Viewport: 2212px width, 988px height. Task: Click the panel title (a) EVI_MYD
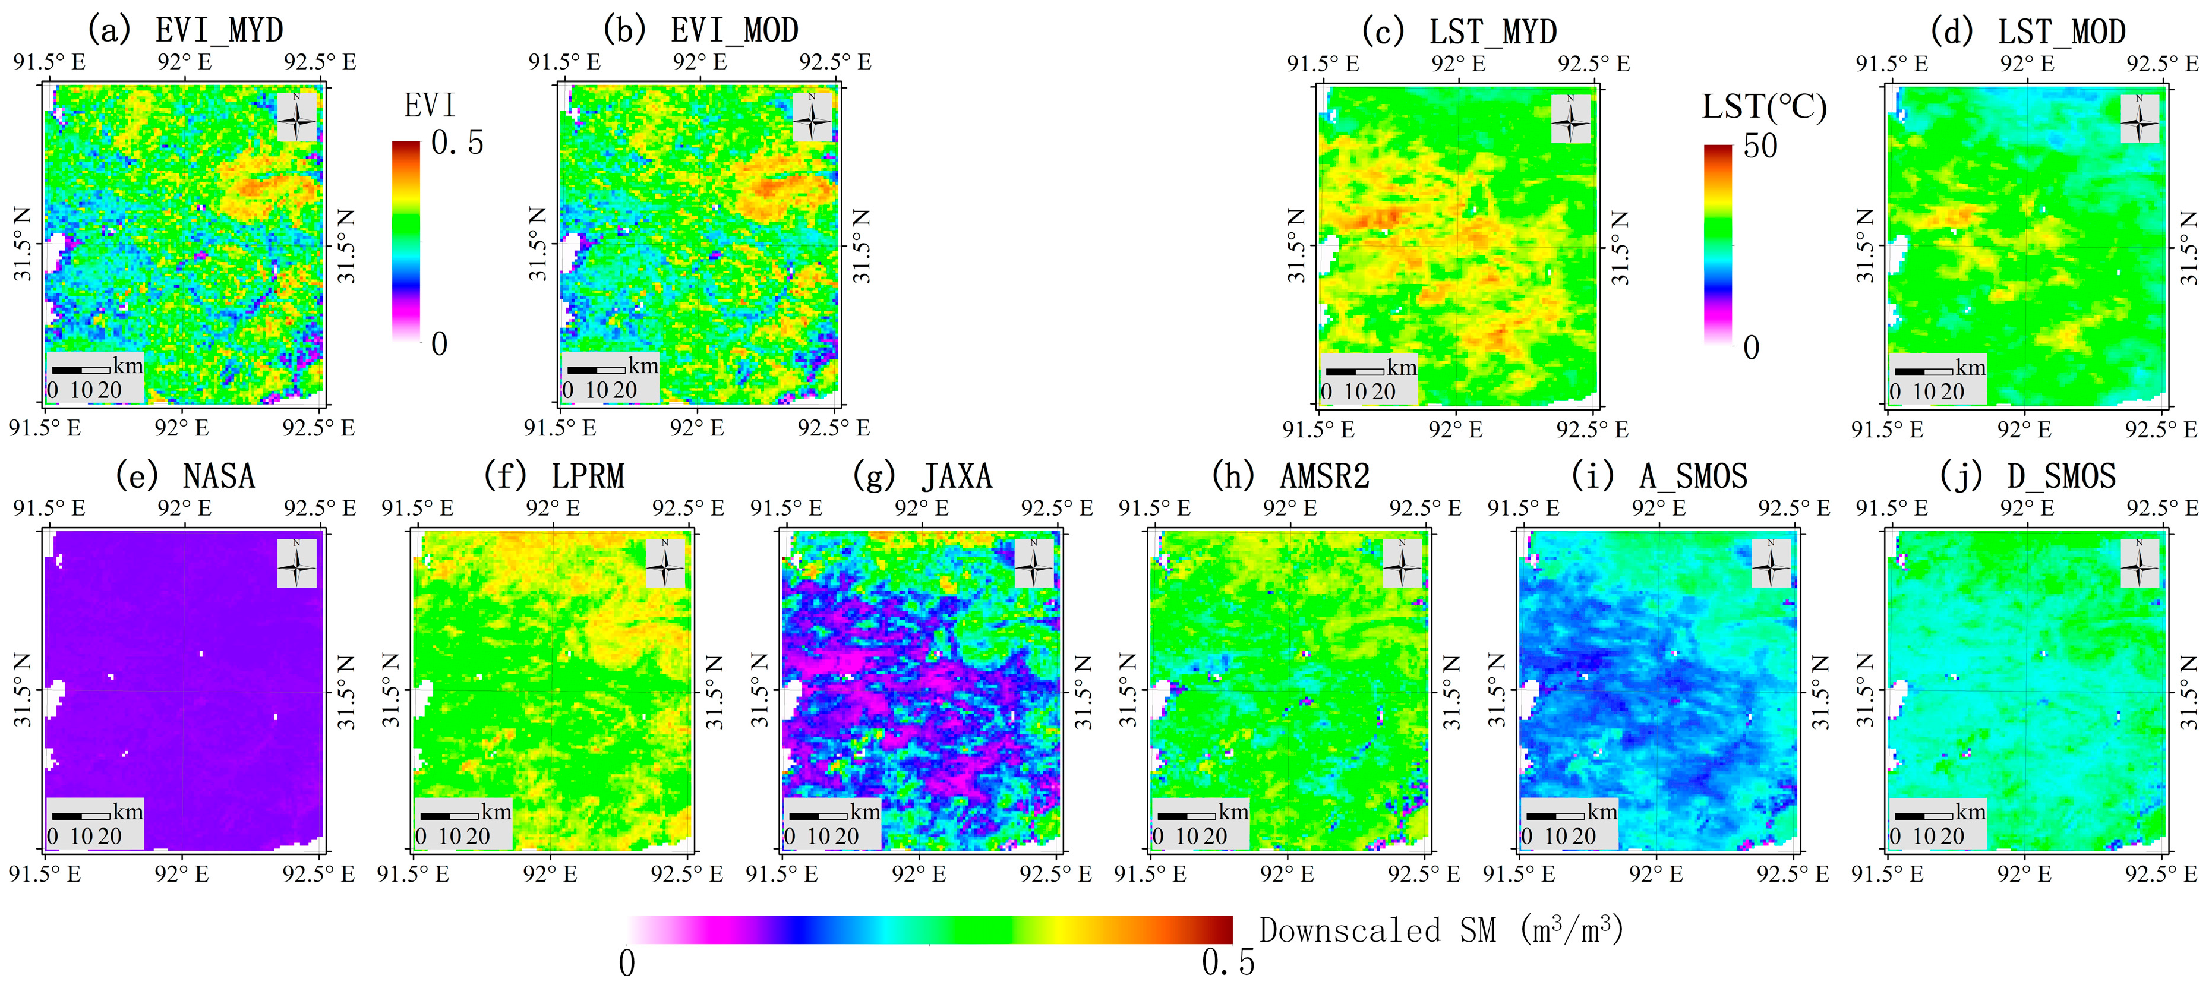185,31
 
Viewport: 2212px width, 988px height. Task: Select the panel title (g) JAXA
922,476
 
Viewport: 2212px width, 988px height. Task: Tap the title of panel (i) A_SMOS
1659,476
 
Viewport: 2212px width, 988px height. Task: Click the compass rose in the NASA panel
296,564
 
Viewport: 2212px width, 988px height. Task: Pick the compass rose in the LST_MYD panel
1570,119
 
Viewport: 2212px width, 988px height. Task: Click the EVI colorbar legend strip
406,242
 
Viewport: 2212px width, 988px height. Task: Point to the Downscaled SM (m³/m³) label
1441,930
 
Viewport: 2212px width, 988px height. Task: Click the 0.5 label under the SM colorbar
1227,963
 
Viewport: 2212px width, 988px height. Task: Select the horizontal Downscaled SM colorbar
930,930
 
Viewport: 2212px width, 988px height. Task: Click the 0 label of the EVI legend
439,344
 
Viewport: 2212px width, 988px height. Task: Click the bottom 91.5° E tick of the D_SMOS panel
1886,875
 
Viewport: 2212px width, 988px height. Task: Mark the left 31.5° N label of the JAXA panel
760,690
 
